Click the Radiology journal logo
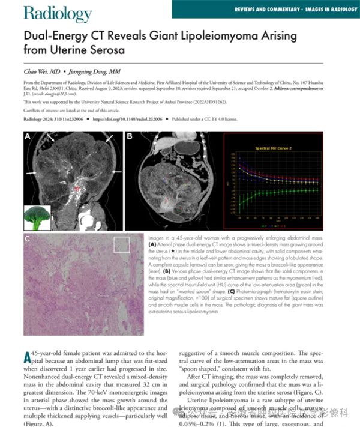(x=58, y=13)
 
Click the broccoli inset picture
(x=37, y=217)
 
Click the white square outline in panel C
(x=121, y=245)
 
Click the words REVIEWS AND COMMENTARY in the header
(x=268, y=8)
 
